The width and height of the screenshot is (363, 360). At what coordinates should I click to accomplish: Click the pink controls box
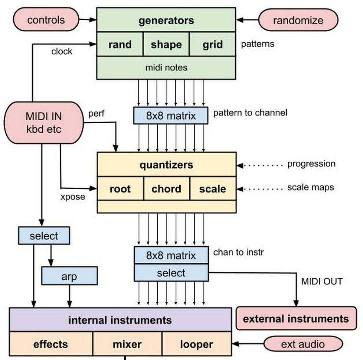[46, 20]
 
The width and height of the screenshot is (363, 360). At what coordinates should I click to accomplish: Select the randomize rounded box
[298, 20]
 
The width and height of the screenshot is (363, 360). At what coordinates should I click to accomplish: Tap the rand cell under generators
[120, 44]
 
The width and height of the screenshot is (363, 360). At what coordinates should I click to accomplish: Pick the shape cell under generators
[166, 44]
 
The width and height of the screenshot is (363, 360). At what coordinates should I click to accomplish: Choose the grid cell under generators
[212, 44]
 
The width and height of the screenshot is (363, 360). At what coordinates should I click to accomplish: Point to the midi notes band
[166, 68]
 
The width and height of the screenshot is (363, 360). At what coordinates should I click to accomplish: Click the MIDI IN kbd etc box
[44, 123]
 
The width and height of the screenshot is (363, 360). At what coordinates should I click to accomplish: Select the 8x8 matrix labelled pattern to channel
[171, 115]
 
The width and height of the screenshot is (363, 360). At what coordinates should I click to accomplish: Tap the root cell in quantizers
[120, 189]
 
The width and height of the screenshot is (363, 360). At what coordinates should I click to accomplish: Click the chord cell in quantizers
[166, 189]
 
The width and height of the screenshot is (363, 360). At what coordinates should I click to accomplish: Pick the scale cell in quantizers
[213, 189]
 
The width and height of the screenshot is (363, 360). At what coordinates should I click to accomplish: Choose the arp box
[69, 276]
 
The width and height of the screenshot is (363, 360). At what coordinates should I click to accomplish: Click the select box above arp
[44, 236]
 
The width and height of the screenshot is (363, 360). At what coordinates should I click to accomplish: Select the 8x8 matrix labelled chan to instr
[171, 255]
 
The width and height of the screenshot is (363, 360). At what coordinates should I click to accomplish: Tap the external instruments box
[296, 319]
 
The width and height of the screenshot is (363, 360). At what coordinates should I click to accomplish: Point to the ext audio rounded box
[303, 344]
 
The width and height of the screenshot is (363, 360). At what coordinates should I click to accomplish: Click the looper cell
[197, 344]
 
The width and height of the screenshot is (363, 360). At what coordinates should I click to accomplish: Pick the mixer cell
[127, 344]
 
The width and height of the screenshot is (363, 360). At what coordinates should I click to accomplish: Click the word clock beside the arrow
[62, 51]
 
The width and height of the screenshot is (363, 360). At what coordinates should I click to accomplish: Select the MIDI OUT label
[322, 281]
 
